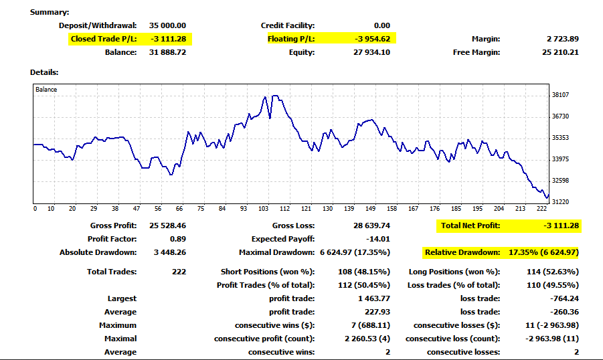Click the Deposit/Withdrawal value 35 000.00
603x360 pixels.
(167, 25)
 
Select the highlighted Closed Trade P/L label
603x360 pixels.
(104, 39)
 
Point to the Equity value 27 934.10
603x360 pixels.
(371, 52)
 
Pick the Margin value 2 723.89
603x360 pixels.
(563, 39)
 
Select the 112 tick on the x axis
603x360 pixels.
(285, 208)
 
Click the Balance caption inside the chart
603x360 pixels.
(46, 90)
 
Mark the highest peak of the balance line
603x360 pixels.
(266, 96)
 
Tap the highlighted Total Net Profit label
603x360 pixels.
(470, 226)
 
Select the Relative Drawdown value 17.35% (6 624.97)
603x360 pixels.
(542, 252)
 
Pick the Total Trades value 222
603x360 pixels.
(178, 272)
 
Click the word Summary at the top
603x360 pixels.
(50, 12)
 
